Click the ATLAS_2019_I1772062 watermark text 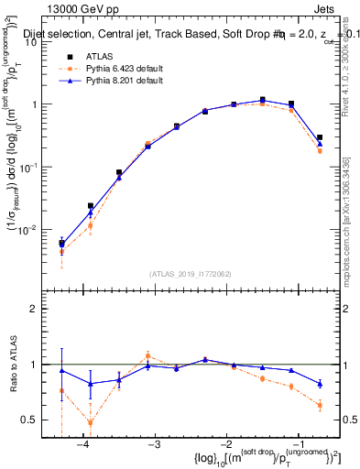pyautogui.click(x=190, y=274)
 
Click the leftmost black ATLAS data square pyautogui.click(x=61, y=244)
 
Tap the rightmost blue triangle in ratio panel pyautogui.click(x=320, y=383)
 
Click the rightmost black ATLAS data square pyautogui.click(x=320, y=137)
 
